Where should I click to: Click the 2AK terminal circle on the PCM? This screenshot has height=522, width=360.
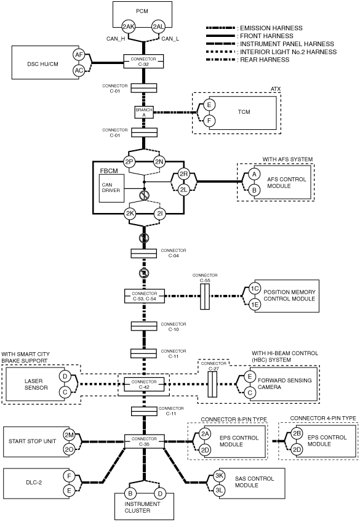click(129, 26)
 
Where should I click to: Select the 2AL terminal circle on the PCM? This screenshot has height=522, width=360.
click(158, 26)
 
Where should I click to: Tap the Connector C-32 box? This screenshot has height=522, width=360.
click(144, 62)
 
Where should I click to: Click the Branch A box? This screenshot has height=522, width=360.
click(144, 112)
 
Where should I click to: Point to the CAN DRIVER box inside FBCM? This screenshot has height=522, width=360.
click(111, 188)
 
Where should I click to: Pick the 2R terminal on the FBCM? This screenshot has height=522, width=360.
click(183, 174)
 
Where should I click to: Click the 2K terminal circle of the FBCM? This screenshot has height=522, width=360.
click(130, 214)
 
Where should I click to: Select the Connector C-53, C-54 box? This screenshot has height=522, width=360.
click(145, 296)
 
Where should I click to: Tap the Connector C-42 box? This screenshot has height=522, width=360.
click(144, 384)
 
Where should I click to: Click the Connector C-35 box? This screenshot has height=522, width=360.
click(145, 441)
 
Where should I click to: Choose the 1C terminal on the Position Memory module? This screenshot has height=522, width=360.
click(255, 288)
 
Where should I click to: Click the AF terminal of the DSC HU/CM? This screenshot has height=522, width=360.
click(79, 55)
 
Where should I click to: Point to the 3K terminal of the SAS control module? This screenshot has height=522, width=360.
click(219, 475)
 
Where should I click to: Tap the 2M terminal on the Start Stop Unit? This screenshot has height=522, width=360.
click(69, 435)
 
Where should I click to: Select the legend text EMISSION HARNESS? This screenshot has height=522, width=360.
click(271, 28)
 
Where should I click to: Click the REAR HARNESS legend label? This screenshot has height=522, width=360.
click(265, 60)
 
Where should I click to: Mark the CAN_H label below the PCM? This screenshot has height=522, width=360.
click(116, 39)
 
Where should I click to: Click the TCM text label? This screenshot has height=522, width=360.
click(244, 112)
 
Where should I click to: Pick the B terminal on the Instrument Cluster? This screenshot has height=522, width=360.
click(130, 493)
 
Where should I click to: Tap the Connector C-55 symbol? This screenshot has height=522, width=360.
click(205, 296)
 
